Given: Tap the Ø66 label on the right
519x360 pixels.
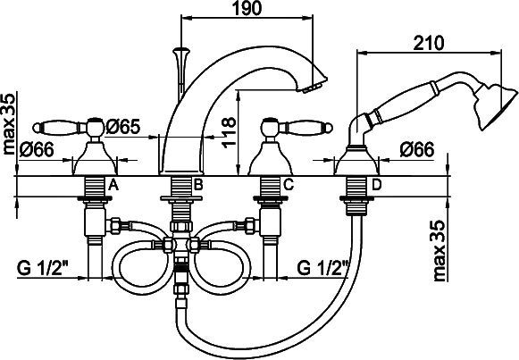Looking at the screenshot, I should pyautogui.click(x=418, y=150).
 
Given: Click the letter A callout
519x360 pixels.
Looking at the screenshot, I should pyautogui.click(x=113, y=185).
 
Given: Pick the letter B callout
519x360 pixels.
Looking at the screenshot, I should pyautogui.click(x=199, y=185).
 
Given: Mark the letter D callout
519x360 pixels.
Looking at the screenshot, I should pyautogui.click(x=375, y=185).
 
